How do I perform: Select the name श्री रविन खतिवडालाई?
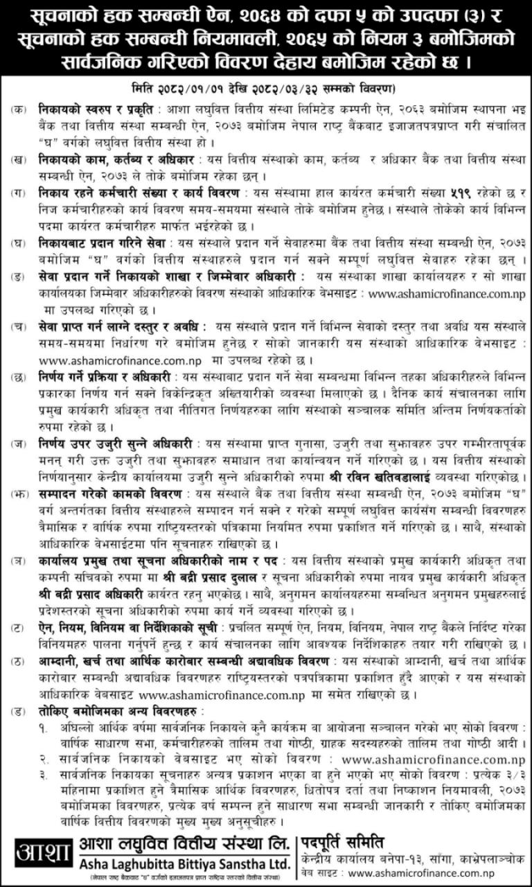(x=396, y=477)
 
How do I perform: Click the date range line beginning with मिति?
(x=266, y=89)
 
